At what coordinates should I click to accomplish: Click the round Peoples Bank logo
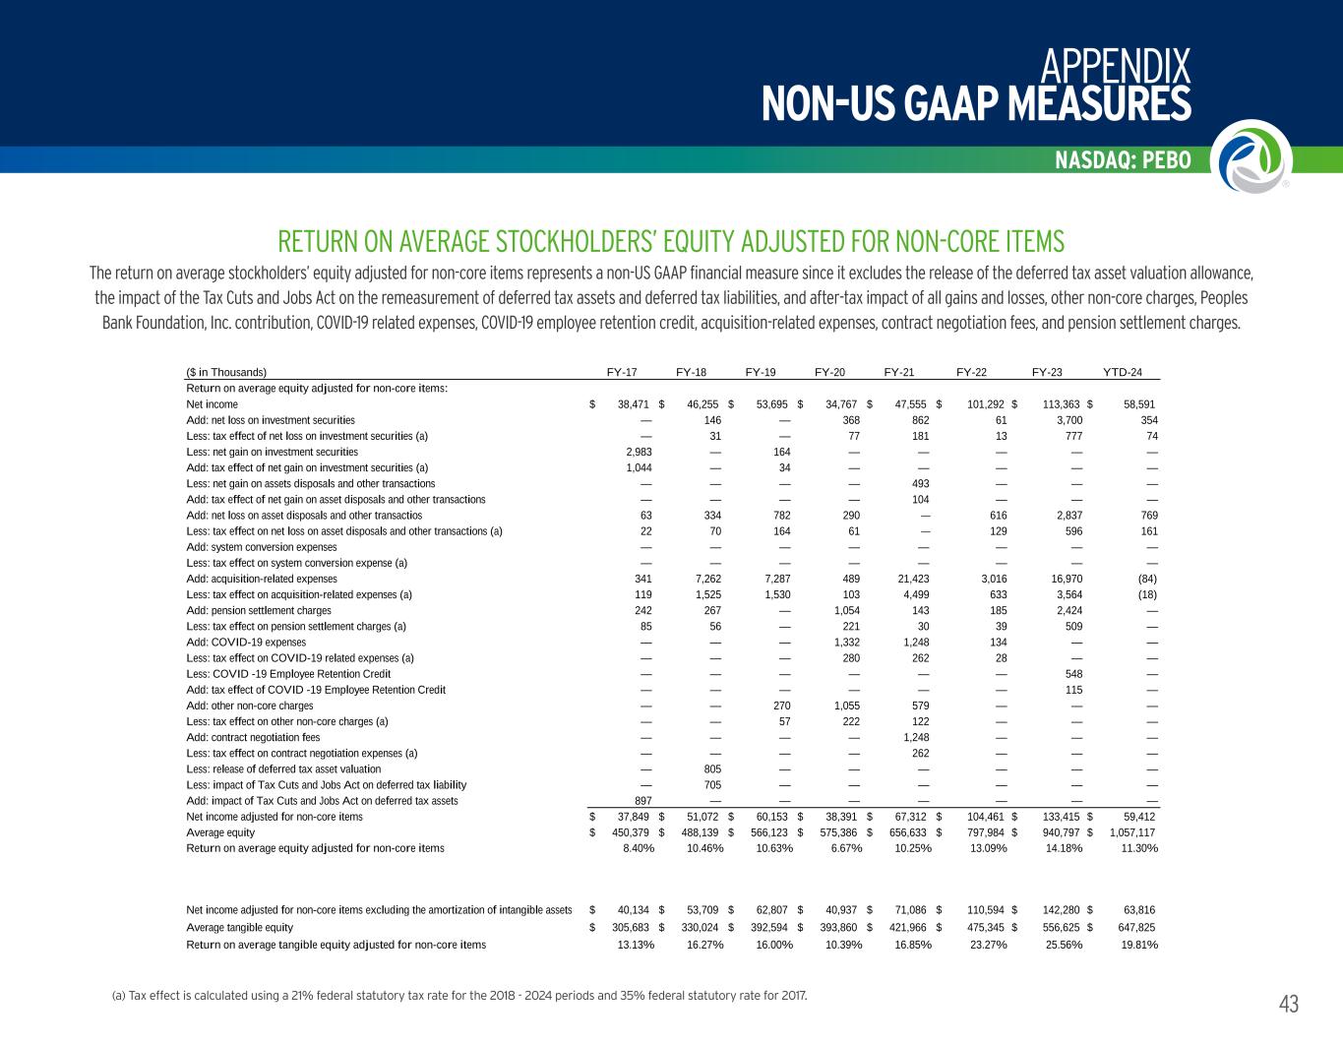point(1249,157)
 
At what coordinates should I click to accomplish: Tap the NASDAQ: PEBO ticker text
point(1123,160)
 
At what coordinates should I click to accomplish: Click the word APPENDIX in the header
point(1115,67)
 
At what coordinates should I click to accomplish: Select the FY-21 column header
point(899,372)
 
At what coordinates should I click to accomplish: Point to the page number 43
point(1288,1004)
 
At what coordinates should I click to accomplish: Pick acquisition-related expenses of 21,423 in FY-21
point(908,579)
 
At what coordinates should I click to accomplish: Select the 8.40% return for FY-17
point(639,848)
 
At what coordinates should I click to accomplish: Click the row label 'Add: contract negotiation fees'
point(253,737)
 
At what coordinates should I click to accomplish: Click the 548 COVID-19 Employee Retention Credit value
point(1074,674)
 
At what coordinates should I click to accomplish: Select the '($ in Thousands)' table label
point(226,372)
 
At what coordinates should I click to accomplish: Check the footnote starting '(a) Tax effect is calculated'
point(459,996)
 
